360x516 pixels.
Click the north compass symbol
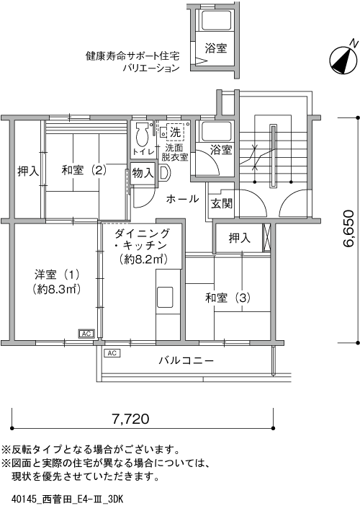(343, 58)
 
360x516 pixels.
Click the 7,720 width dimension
(130, 419)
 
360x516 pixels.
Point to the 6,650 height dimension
(348, 228)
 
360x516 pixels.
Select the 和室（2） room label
(84, 170)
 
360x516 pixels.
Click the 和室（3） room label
(228, 298)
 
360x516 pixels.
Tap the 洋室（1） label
(57, 274)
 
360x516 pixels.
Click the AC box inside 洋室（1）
(86, 334)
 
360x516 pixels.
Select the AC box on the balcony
(112, 353)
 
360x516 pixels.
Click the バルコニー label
(186, 360)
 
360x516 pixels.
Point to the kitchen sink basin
(165, 298)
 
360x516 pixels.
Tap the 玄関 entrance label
(222, 204)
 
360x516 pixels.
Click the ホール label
(182, 199)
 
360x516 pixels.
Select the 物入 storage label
(143, 172)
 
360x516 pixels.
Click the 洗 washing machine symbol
(175, 133)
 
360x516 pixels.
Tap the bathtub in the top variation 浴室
(216, 20)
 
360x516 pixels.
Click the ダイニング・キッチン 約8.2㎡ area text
(144, 259)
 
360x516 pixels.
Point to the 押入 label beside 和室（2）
(28, 171)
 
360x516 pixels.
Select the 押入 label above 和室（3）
(240, 238)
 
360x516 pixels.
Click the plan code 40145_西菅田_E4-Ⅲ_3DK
(67, 499)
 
